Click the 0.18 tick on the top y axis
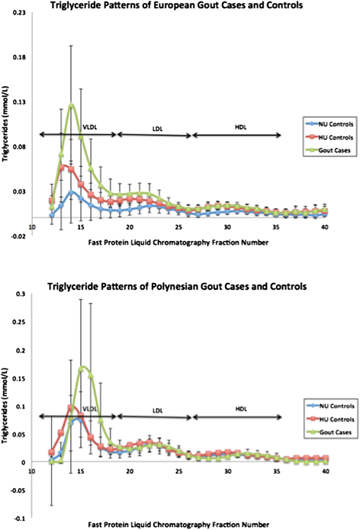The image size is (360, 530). point(21,58)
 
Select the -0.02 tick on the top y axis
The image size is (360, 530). point(20,236)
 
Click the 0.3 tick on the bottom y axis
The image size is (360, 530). point(24,294)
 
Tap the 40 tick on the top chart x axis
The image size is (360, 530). point(324,226)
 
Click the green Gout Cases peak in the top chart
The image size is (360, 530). point(72,104)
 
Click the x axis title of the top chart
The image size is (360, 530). point(157,244)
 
